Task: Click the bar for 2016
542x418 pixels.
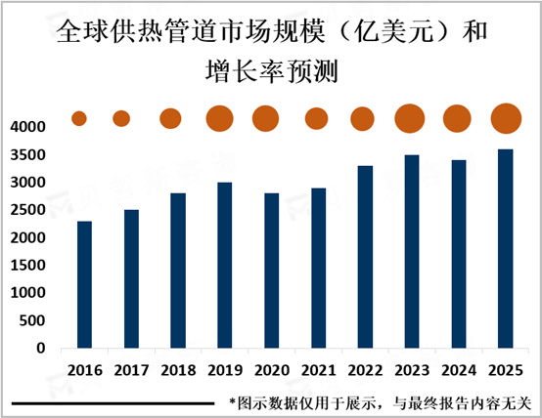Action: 85,284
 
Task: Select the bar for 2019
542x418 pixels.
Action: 225,265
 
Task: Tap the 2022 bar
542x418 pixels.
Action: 365,257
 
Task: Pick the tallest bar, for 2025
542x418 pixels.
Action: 506,248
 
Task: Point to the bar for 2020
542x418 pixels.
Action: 272,271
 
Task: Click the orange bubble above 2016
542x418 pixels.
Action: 79,118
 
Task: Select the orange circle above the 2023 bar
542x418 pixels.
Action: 410,118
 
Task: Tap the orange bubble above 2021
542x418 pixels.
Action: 316,118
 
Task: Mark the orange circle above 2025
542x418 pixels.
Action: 506,118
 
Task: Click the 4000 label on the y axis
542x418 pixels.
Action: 28,127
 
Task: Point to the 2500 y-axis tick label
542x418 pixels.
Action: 28,210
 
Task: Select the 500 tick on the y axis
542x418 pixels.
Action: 32,320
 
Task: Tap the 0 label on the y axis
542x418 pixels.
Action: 41,348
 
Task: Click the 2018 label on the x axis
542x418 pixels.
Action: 178,370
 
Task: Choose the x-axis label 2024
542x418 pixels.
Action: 459,370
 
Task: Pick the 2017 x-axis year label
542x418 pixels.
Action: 132,370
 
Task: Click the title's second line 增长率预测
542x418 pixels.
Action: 271,71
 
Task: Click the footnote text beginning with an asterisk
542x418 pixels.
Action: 381,403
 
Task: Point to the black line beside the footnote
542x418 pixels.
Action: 113,403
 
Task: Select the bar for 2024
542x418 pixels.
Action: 459,254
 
